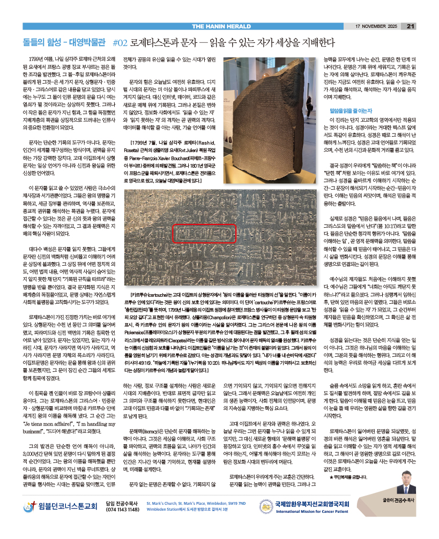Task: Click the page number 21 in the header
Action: coord(411,26)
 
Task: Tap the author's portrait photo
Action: coord(407,479)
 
